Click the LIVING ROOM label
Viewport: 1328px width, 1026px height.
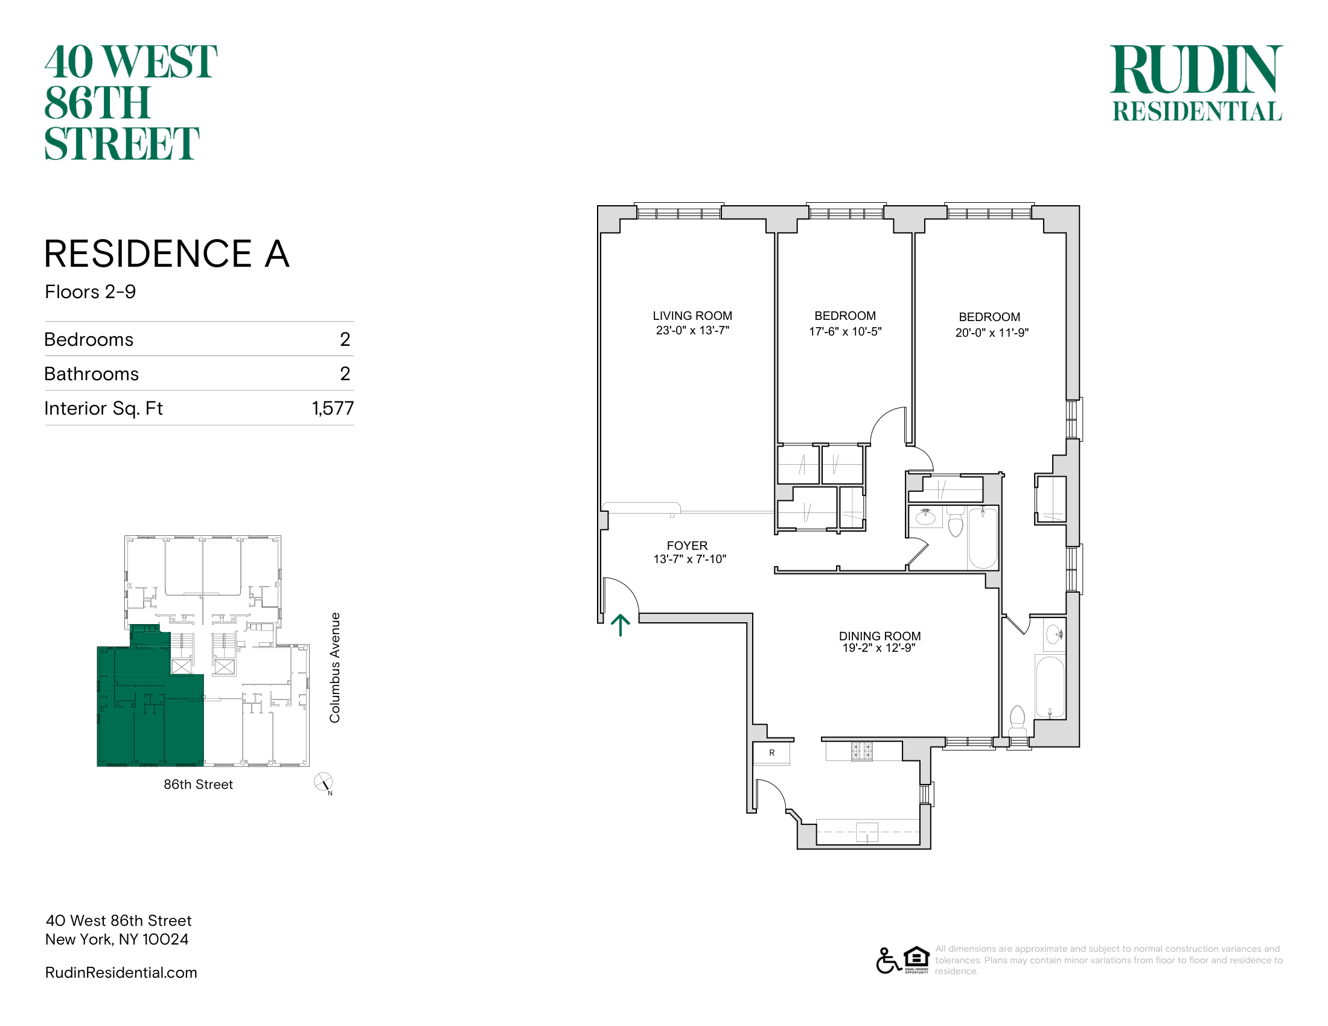click(692, 316)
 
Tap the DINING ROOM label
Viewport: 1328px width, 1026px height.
click(879, 636)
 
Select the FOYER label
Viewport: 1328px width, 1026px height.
click(687, 546)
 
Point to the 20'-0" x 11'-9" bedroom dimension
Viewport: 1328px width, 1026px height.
click(992, 333)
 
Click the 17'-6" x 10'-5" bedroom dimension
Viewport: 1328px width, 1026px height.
click(844, 331)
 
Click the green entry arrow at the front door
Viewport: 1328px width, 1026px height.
click(620, 625)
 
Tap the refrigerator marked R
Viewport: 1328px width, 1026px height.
click(771, 753)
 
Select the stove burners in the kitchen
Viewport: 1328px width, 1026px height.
click(861, 751)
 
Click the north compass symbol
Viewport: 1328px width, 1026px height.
click(324, 783)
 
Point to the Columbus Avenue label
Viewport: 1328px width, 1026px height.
click(334, 668)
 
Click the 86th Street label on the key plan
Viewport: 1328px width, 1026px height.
click(198, 785)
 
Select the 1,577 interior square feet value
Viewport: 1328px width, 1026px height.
click(333, 408)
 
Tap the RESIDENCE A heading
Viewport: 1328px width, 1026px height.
click(167, 253)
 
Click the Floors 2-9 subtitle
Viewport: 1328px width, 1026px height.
click(91, 292)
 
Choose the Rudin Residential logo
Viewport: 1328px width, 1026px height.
click(1196, 83)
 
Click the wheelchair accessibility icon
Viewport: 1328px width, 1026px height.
click(888, 961)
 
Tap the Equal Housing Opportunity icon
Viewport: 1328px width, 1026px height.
click(916, 960)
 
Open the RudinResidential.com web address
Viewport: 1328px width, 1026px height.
click(121, 972)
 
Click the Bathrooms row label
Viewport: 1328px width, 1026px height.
click(92, 374)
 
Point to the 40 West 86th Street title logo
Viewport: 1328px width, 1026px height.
click(130, 102)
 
